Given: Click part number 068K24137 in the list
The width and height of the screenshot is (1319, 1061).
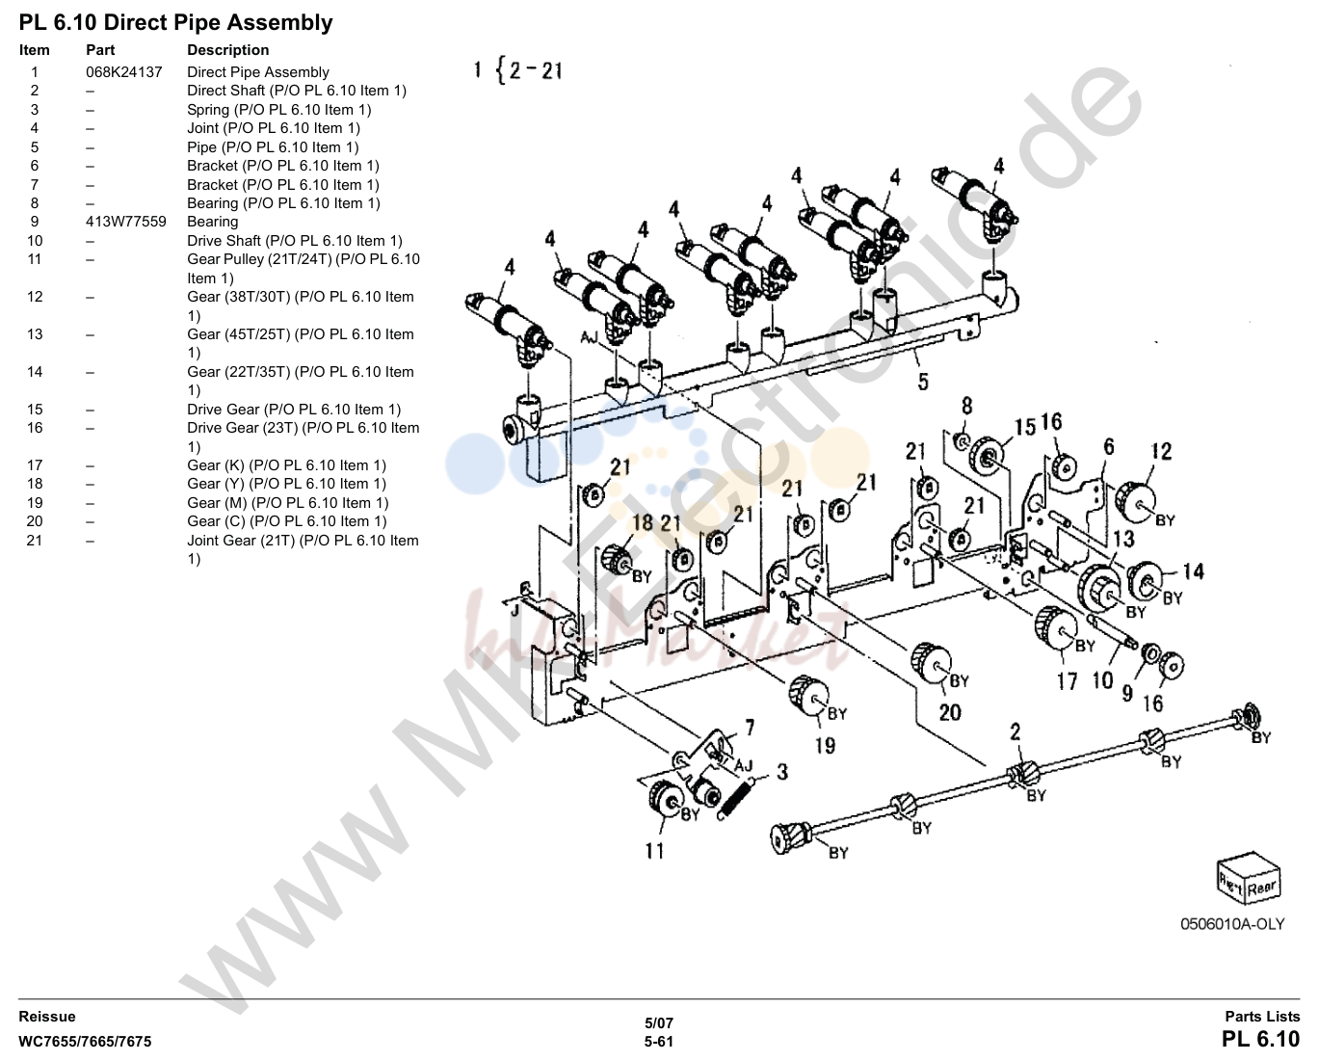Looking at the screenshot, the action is point(124,72).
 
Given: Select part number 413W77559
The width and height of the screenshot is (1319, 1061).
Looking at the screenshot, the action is point(125,222).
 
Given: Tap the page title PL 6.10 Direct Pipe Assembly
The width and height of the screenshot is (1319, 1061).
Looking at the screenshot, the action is point(176,23).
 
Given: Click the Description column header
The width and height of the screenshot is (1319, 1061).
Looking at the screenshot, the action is point(228,50).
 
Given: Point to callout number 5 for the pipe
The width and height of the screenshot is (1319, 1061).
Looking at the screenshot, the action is point(923,382).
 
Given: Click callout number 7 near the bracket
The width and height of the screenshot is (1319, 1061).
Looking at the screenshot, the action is point(750,728).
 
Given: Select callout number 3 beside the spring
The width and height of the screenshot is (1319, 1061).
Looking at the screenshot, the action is point(782,772).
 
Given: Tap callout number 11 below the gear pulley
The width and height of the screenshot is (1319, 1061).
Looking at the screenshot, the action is point(654,851).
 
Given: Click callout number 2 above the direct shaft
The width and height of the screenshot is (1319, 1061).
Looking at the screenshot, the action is point(1016,731).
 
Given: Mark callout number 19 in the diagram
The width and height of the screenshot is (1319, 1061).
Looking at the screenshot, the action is point(825,745).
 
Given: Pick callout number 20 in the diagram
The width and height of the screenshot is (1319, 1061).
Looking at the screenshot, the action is point(950,712).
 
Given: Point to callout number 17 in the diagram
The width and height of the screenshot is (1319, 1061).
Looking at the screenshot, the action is point(1067,681).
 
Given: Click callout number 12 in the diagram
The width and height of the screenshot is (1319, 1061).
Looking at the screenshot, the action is point(1162,452).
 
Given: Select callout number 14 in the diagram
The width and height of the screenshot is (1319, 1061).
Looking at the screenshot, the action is point(1193,571).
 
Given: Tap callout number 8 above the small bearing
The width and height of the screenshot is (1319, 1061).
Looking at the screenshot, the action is point(966,405).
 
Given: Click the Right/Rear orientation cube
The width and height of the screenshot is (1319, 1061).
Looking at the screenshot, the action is point(1249,878).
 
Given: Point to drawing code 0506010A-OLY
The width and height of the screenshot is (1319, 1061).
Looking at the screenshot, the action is point(1232,924).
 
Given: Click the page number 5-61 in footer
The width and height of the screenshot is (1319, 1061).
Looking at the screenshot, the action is point(659,1042).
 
